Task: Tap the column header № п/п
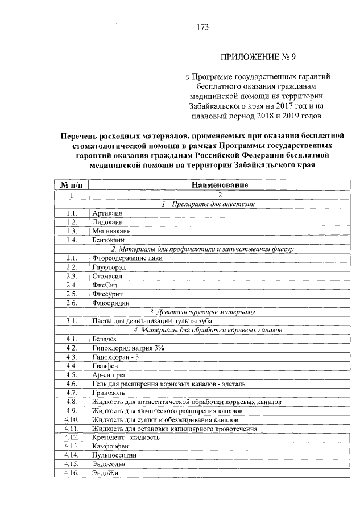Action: tap(72, 186)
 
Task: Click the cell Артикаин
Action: tap(107, 213)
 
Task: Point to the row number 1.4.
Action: tap(72, 241)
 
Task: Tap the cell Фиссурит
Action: tap(108, 294)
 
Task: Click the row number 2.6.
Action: tap(72, 303)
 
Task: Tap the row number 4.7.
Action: tap(72, 393)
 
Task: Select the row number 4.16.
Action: tap(72, 473)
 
